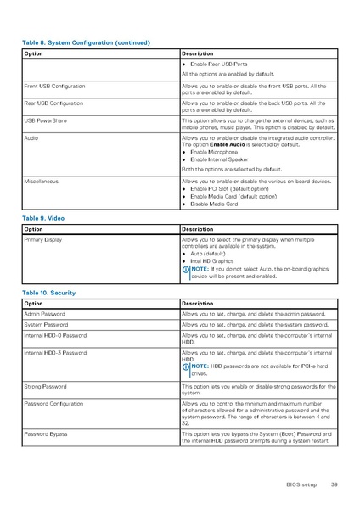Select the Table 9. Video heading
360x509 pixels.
pyautogui.click(x=43, y=218)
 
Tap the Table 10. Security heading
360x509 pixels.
pyautogui.click(x=48, y=292)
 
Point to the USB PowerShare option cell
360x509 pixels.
pyautogui.click(x=48, y=120)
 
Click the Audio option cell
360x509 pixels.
pyautogui.click(x=31, y=137)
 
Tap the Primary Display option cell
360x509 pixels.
pyautogui.click(x=43, y=240)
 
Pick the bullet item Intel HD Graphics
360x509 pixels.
pyautogui.click(x=211, y=260)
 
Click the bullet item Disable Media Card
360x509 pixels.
pyautogui.click(x=213, y=204)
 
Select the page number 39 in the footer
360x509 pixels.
pyautogui.click(x=335, y=484)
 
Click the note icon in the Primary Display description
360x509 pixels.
pyautogui.click(x=186, y=269)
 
